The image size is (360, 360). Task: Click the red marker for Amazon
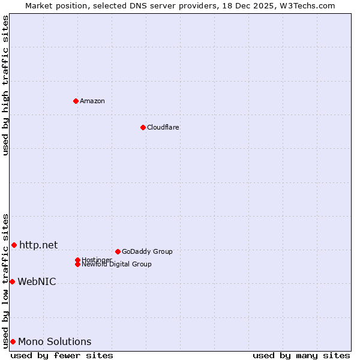[x=76, y=101]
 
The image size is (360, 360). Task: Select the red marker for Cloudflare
[x=143, y=127]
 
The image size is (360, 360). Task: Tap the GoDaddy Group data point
[x=118, y=251]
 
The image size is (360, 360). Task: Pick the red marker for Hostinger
[x=77, y=260]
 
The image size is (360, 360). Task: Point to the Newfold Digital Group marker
[x=77, y=264]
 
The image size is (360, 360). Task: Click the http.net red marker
[x=14, y=245]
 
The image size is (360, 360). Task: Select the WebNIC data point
[x=12, y=281]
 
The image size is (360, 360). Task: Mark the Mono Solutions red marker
[x=13, y=341]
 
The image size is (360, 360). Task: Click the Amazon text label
[x=92, y=101]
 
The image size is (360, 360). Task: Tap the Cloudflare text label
[x=163, y=127]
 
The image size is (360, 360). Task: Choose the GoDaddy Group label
[x=147, y=251]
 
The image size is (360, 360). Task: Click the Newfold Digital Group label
[x=117, y=265]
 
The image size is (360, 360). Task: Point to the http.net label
[x=38, y=245]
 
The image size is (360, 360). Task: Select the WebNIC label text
[x=37, y=281]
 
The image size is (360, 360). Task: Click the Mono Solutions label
[x=55, y=342]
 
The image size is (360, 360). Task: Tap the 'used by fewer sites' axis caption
[x=62, y=355]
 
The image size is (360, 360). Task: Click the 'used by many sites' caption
[x=301, y=355]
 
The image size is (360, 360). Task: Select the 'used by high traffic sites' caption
[x=6, y=85]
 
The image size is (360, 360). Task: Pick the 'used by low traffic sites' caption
[x=6, y=281]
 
